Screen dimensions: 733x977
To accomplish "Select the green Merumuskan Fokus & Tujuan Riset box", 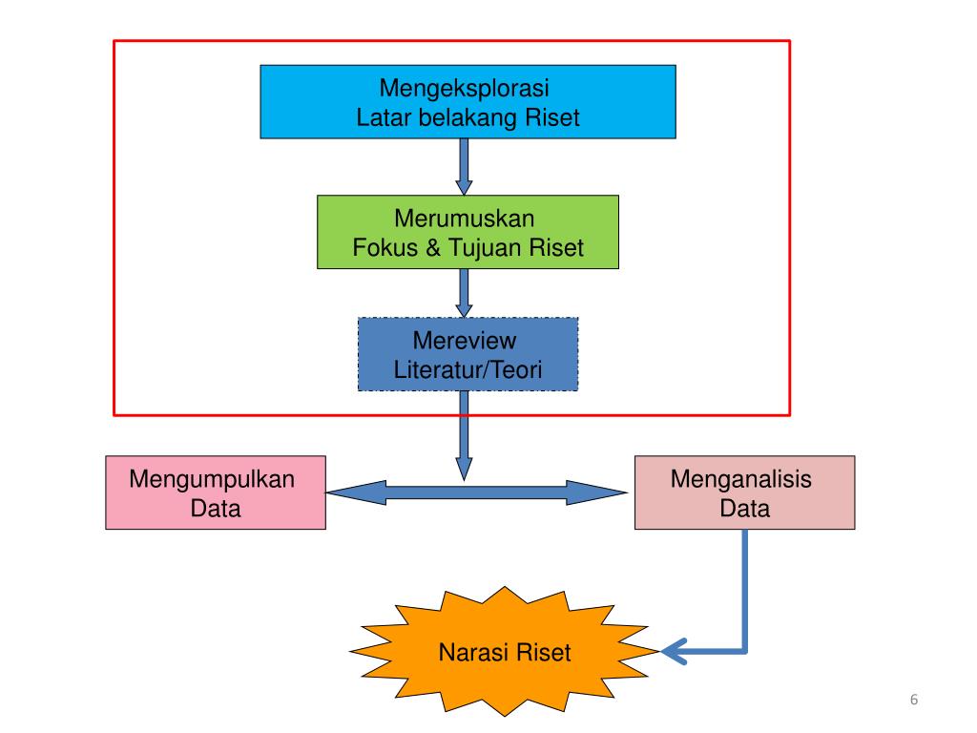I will tap(468, 232).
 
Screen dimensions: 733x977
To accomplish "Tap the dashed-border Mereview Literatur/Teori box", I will tap(468, 354).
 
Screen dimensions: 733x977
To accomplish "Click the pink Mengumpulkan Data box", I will tap(215, 492).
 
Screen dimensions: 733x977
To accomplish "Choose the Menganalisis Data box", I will tap(744, 492).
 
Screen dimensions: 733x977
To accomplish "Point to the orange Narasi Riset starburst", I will tap(505, 653).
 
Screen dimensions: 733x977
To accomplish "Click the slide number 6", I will tap(914, 702).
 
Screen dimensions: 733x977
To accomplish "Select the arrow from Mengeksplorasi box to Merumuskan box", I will tap(465, 166).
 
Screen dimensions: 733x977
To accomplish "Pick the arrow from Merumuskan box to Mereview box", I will tap(465, 293).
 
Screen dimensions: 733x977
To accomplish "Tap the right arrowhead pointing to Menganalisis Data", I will tap(601, 492).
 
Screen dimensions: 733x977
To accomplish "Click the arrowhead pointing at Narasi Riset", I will tap(674, 652).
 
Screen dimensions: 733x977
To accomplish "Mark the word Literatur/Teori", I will tap(468, 369).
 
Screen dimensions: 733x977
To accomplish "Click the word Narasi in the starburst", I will tap(474, 653).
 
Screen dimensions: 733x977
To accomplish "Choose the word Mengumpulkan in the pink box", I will tap(213, 478).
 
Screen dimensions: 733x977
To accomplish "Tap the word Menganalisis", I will tap(741, 478).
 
